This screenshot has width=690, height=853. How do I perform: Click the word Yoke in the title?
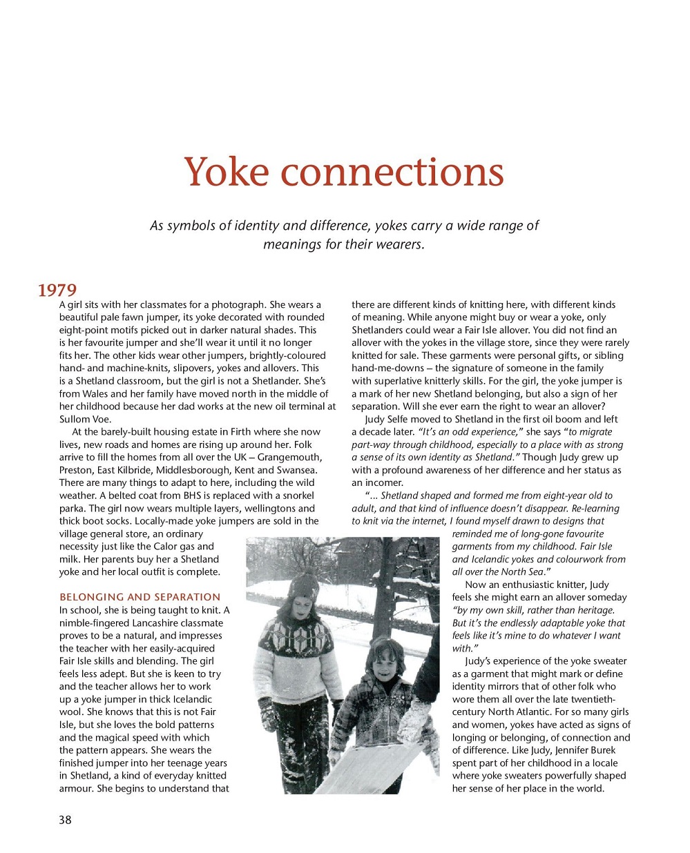[225, 172]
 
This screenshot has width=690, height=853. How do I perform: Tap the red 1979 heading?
[57, 290]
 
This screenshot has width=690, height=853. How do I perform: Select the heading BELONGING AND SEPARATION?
[140, 597]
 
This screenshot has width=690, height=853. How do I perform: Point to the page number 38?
[65, 820]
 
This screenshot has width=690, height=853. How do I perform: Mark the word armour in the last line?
[76, 788]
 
